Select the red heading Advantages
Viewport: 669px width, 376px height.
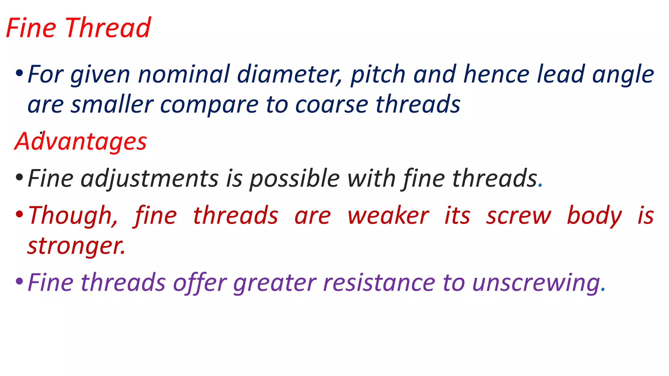(81, 141)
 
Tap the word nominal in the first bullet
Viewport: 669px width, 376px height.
(184, 74)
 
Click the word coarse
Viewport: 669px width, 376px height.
(332, 105)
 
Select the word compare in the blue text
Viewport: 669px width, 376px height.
(209, 105)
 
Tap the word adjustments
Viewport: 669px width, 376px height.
(150, 179)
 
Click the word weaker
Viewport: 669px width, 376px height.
(388, 216)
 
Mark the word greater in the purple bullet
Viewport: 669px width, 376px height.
(275, 283)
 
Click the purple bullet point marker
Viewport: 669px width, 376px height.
(19, 281)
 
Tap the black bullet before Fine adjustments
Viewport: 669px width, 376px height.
(19, 177)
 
